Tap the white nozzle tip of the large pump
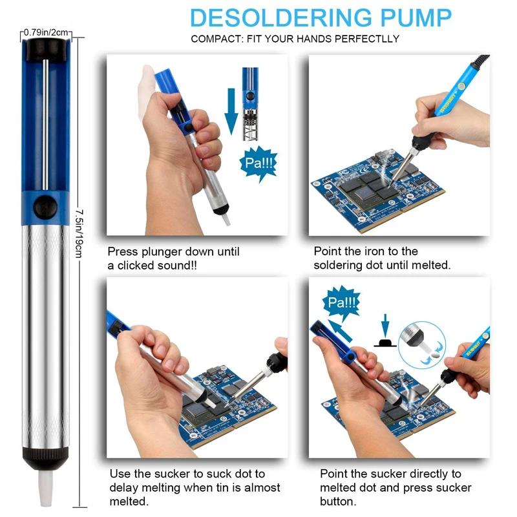(x=45, y=488)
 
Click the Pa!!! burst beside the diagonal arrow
(x=342, y=302)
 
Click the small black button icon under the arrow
(x=385, y=343)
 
